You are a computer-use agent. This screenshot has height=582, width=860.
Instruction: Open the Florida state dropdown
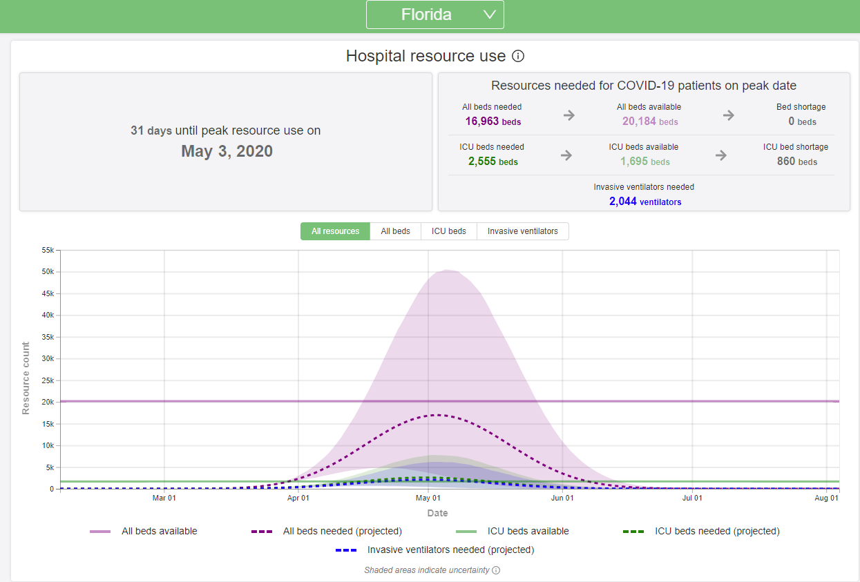(434, 15)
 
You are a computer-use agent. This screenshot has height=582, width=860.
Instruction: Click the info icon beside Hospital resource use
(518, 57)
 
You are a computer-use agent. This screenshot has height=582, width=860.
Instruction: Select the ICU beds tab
(449, 231)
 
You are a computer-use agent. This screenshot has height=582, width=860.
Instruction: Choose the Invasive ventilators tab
(522, 231)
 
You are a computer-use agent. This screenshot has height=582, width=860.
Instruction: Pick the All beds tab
(395, 231)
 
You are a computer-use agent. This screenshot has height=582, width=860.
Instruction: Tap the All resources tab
(335, 231)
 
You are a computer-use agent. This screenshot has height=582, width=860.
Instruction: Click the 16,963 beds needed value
(493, 122)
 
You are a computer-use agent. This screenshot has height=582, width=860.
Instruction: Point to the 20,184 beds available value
(649, 122)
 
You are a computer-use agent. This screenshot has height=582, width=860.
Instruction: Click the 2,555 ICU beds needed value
(493, 162)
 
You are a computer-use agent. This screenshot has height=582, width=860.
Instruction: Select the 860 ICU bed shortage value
(795, 162)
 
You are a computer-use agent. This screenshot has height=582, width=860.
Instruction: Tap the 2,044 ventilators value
(644, 202)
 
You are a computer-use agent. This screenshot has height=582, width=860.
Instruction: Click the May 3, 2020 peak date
(227, 151)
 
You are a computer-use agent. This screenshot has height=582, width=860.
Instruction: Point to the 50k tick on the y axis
(48, 271)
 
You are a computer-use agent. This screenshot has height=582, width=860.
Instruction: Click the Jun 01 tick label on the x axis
(562, 498)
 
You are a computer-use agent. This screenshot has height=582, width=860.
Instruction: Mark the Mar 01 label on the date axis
(164, 498)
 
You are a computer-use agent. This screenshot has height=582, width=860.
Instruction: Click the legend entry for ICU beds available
(528, 532)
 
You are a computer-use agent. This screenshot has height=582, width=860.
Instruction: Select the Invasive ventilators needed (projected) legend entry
(450, 550)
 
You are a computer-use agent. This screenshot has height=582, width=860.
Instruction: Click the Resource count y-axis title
(26, 378)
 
